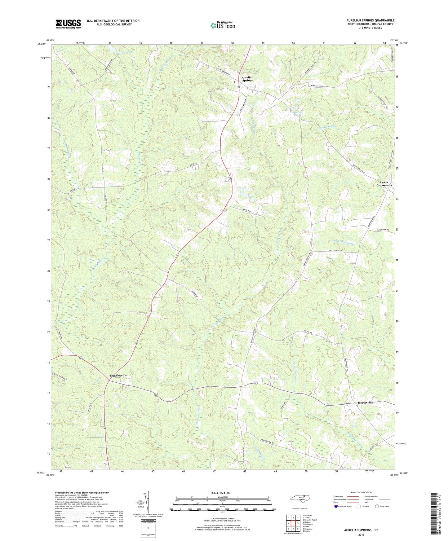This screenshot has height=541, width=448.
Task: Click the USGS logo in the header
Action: tap(68, 24)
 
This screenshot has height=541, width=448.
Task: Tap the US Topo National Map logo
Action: tap(222, 25)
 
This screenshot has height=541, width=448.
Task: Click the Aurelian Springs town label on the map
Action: tap(247, 79)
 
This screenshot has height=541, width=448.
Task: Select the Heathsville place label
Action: tap(365, 402)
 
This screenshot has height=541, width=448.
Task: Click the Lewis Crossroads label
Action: tap(384, 184)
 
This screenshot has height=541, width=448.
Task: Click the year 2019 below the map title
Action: tap(361, 534)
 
